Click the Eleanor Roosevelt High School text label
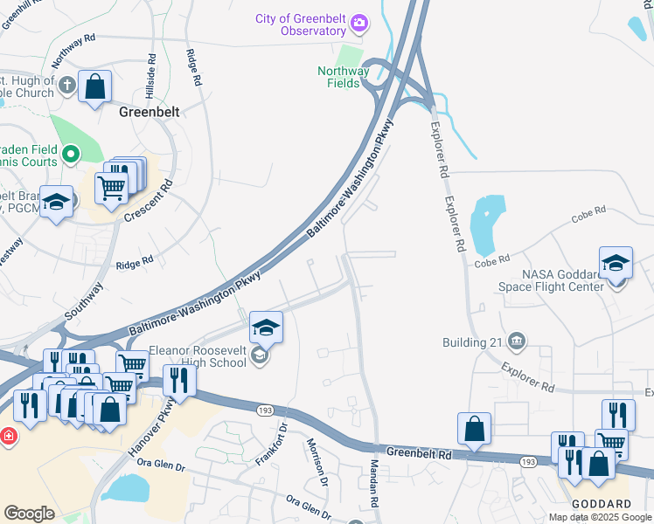pos(197,356)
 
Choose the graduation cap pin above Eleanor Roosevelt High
pos(266,328)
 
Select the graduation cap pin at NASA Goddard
pos(616,263)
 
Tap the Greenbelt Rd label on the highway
pos(420,454)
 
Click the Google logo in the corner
pos(30,514)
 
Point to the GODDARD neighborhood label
pos(602,505)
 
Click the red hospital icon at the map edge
pos(8,436)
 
